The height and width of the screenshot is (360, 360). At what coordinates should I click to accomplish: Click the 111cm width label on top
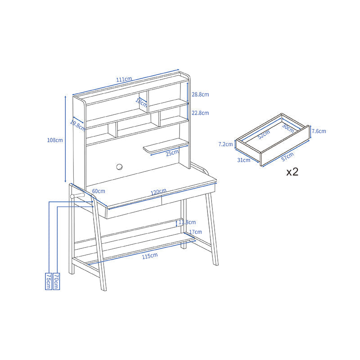(x=124, y=80)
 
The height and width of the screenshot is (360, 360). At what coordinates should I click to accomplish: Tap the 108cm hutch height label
(x=55, y=140)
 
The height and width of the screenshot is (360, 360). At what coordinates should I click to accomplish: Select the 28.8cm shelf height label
(x=200, y=94)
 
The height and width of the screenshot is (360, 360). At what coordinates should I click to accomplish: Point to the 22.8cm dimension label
(x=200, y=113)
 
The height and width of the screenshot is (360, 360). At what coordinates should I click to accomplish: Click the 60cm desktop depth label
(x=99, y=191)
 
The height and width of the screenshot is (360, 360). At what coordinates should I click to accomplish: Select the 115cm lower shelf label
(x=150, y=256)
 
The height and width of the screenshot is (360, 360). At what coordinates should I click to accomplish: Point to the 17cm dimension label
(x=195, y=232)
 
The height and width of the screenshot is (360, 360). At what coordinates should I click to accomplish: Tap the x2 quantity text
(x=292, y=172)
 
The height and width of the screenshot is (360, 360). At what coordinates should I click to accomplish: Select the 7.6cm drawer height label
(x=319, y=131)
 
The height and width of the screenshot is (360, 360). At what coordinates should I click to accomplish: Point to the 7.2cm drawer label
(x=225, y=144)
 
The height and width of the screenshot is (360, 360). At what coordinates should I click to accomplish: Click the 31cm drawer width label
(x=244, y=160)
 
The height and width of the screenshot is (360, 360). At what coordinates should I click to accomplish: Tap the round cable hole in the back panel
(x=120, y=167)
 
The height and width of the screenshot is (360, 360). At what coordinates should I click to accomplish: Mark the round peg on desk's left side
(x=72, y=197)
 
